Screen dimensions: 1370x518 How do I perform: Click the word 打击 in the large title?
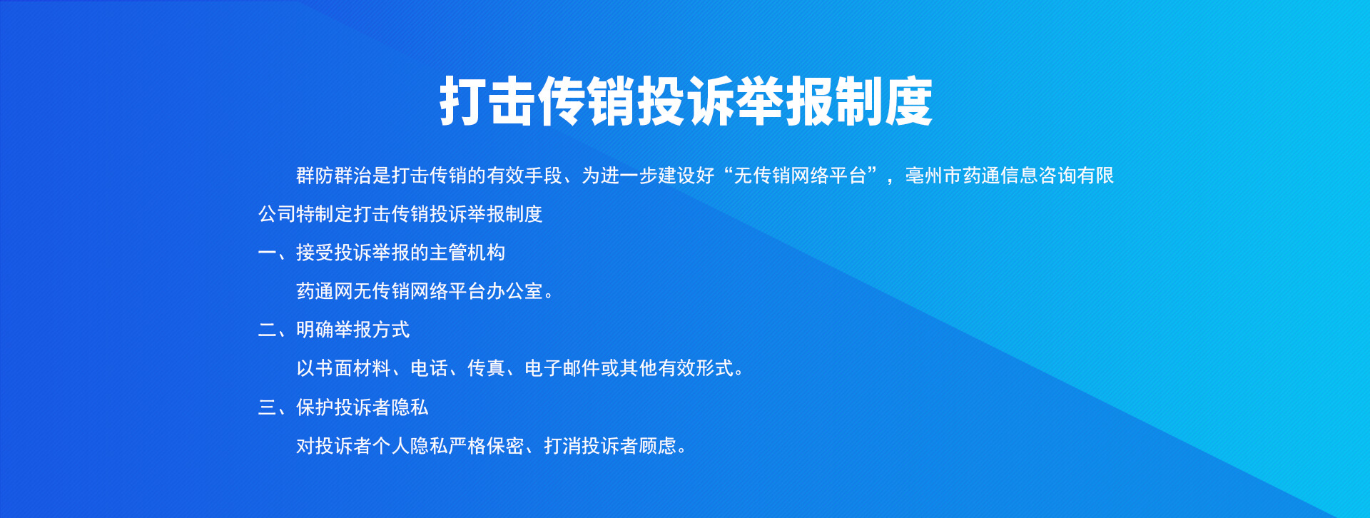487,101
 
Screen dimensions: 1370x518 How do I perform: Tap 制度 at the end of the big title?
883,101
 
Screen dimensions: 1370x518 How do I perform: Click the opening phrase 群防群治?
334,176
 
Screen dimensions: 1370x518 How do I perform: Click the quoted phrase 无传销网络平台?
800,176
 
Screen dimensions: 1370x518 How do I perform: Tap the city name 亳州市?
933,176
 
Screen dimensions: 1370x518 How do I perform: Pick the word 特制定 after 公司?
325,214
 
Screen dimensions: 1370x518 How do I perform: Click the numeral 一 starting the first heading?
267,253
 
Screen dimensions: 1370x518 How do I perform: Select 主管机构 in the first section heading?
467,253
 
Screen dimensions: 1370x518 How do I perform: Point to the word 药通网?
325,291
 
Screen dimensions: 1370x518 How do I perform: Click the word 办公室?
514,291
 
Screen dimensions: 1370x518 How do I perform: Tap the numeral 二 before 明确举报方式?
267,330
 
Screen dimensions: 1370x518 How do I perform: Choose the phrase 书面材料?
353,368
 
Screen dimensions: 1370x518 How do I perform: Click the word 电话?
429,368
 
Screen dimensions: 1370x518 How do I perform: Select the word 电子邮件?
562,368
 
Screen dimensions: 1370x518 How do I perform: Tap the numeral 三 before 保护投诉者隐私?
267,407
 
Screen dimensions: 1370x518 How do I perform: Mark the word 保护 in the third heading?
315,407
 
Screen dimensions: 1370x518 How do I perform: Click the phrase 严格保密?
486,446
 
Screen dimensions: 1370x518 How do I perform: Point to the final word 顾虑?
657,446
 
